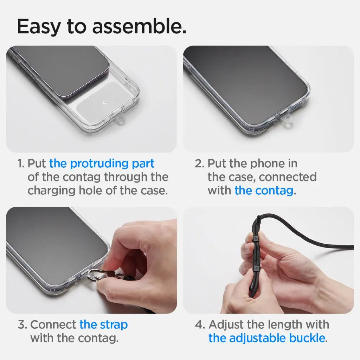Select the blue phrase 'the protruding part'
[x=102, y=163]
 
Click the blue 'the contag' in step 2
[x=264, y=191]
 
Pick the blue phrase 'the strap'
[x=103, y=324]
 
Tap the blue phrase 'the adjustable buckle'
[x=266, y=338]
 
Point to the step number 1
[x=21, y=164]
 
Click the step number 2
[x=199, y=164]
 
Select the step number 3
[x=22, y=324]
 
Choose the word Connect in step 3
[x=53, y=324]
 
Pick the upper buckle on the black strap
[x=256, y=239]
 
